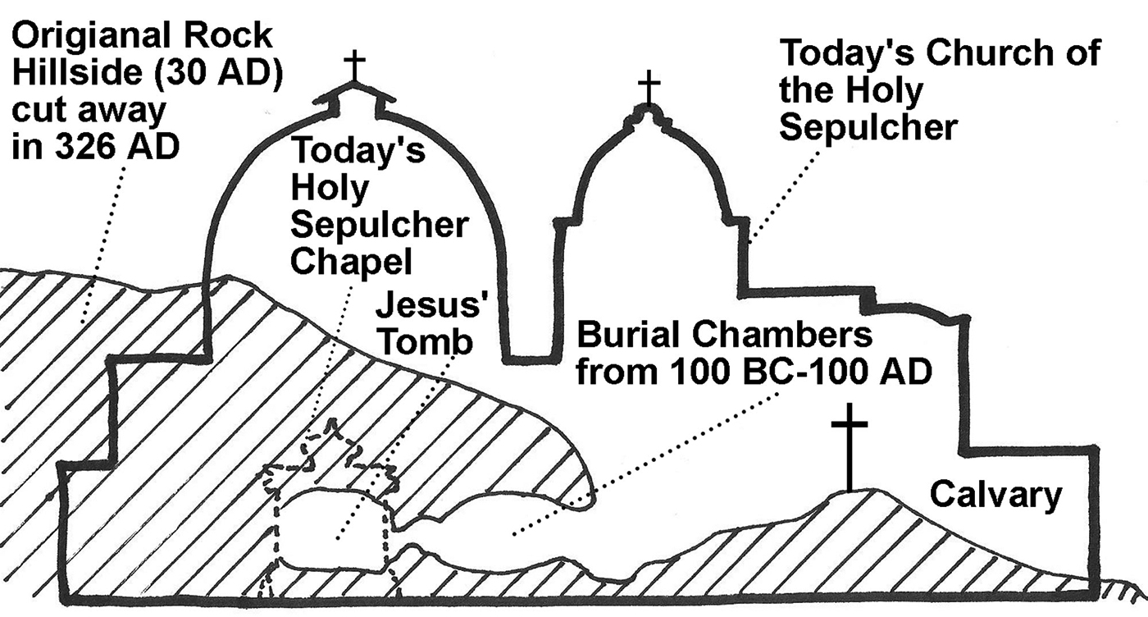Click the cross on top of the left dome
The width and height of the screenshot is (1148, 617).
tap(354, 65)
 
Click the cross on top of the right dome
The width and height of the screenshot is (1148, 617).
tap(649, 86)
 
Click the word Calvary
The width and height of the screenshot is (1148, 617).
tap(995, 496)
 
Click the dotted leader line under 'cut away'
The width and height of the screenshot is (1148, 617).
tap(107, 238)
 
